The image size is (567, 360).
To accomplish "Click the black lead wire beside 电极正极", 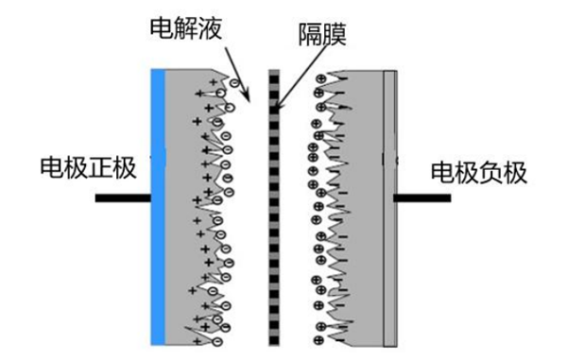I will (122, 199).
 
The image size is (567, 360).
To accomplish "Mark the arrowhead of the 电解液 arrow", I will (247, 98).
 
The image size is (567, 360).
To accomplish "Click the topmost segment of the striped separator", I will (275, 73).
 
